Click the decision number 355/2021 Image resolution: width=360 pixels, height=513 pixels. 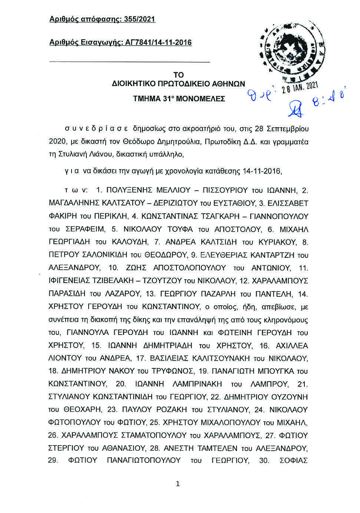click(138, 19)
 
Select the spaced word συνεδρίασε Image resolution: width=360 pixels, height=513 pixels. click(96, 129)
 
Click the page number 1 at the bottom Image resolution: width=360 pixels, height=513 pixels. click(178, 484)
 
